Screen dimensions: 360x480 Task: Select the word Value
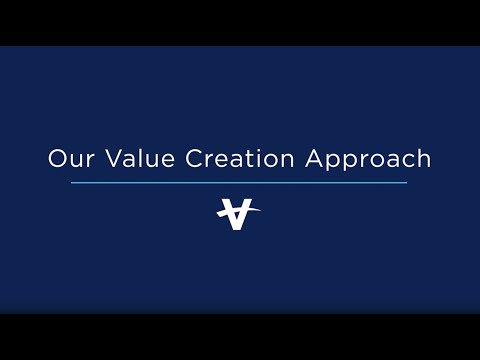coord(130,158)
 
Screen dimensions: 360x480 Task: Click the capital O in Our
coord(58,158)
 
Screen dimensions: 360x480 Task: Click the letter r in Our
coord(85,160)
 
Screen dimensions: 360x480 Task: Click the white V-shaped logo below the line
coord(236,214)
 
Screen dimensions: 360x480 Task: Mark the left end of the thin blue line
coord(72,183)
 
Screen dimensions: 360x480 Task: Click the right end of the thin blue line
coord(407,183)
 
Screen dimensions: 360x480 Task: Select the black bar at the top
coord(240,22)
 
